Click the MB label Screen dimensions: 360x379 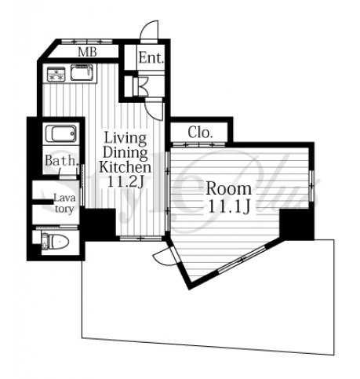[87, 52]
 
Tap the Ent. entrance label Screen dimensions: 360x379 [151, 57]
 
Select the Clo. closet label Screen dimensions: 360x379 [200, 133]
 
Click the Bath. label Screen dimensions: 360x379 [62, 160]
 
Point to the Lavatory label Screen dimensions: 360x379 [64, 203]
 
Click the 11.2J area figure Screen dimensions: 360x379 [125, 182]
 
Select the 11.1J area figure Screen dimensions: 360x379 [229, 206]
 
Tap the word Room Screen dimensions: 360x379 [229, 188]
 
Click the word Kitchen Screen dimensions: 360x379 [125, 167]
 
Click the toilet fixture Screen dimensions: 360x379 [56, 241]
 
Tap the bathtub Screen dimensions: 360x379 [60, 134]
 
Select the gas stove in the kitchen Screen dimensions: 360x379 [56, 74]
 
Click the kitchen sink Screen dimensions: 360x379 [82, 73]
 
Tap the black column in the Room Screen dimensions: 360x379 [296, 224]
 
